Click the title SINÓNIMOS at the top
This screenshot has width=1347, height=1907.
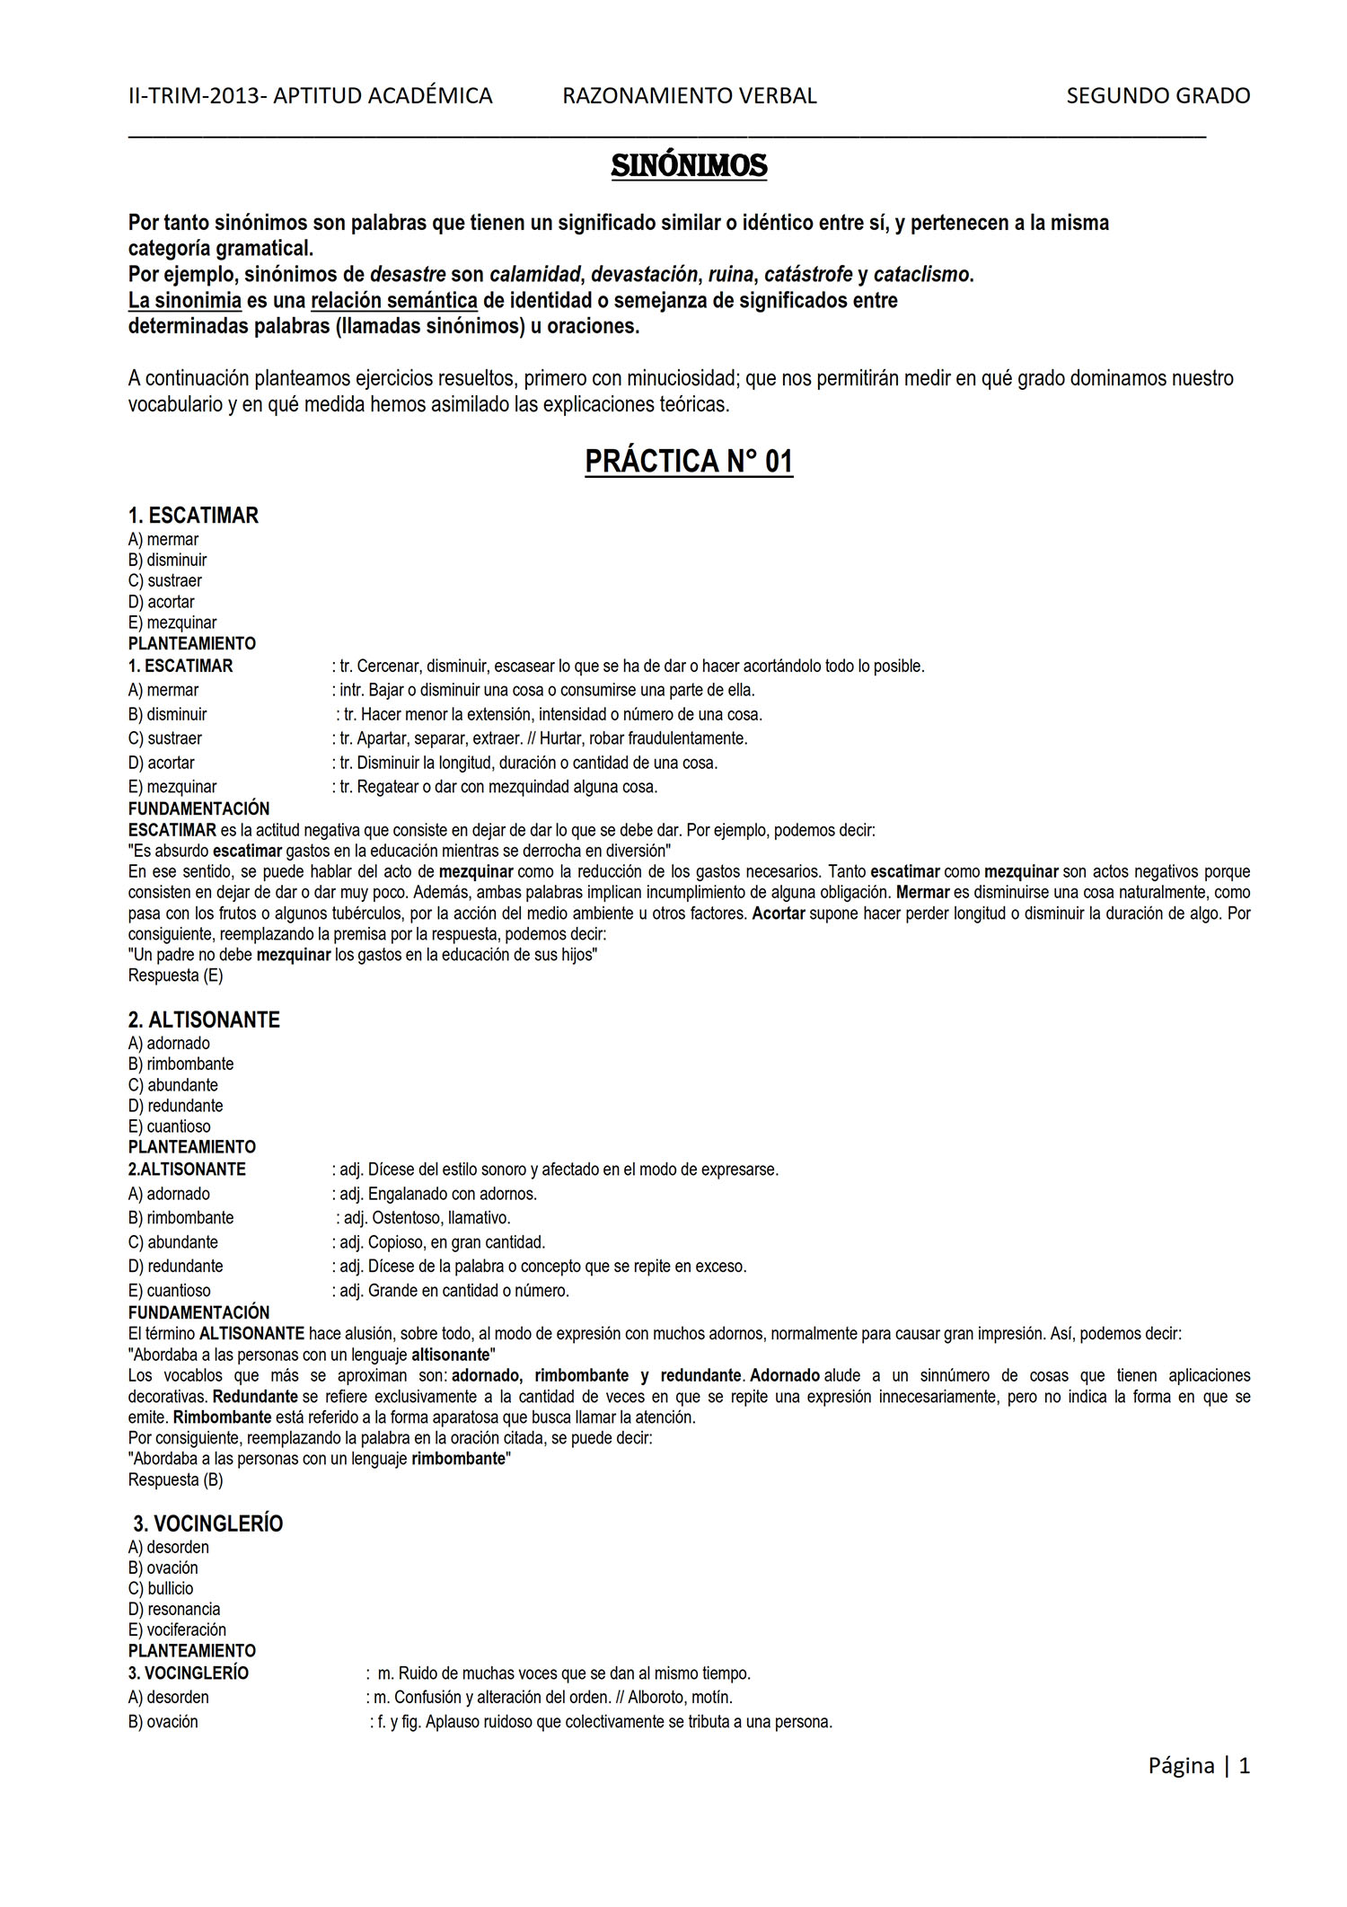tap(689, 166)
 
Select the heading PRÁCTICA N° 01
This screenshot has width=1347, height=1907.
tap(689, 462)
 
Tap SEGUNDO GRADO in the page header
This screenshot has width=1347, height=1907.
tap(1158, 96)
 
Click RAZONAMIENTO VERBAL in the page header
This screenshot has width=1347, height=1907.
tap(689, 96)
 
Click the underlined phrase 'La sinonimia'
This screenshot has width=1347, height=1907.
tap(185, 300)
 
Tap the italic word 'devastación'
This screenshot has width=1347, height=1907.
tap(644, 274)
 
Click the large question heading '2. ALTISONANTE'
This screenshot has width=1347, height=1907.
tap(204, 1020)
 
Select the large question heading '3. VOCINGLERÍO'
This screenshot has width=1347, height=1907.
tap(208, 1523)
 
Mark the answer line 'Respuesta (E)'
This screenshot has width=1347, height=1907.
tap(175, 975)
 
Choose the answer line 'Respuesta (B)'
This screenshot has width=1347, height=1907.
tap(175, 1479)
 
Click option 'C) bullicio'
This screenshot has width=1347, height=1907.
tap(161, 1588)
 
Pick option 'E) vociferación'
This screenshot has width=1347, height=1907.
tap(177, 1629)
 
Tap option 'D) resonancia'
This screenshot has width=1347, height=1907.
tap(174, 1609)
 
